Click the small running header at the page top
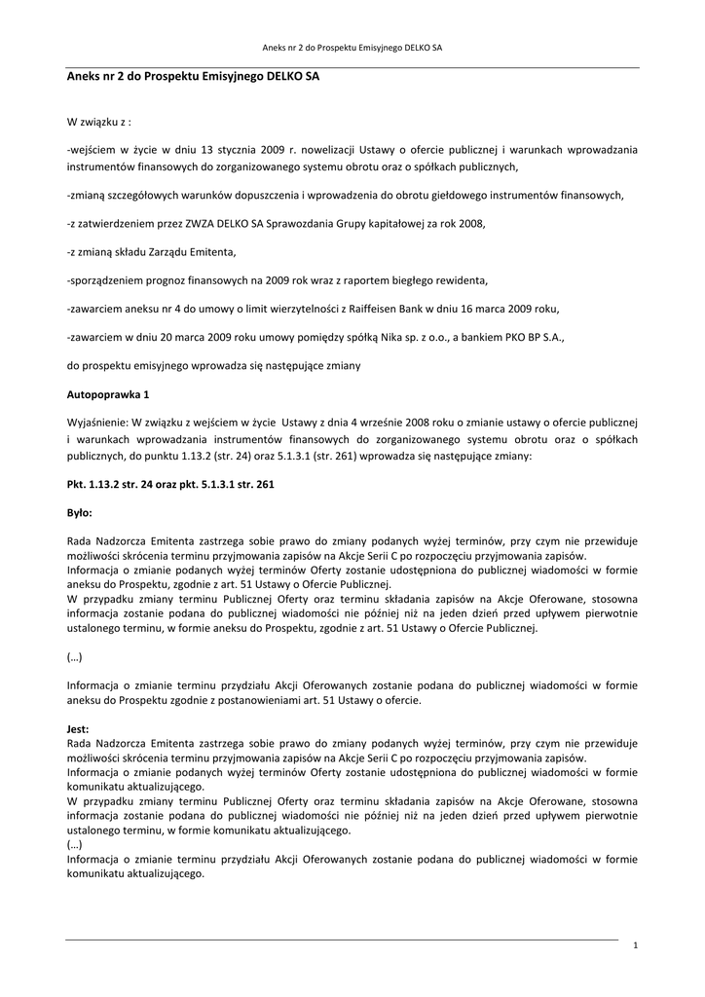(x=352, y=47)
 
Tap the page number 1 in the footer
(x=635, y=945)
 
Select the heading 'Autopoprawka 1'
(x=108, y=396)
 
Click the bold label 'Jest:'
(x=78, y=728)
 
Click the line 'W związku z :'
(x=99, y=123)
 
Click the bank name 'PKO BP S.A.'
(x=535, y=337)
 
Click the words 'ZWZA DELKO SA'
(x=220, y=224)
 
